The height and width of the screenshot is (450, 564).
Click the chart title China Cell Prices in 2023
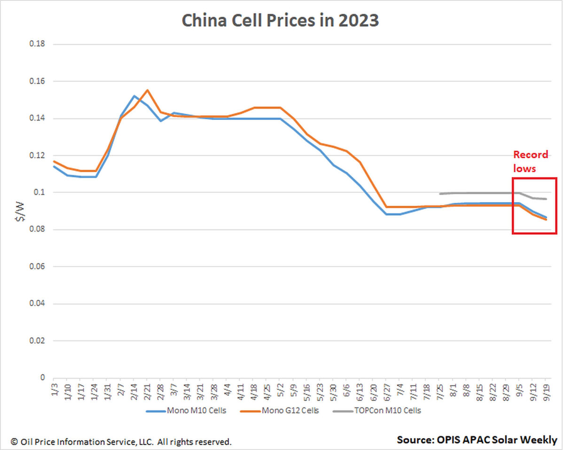point(280,21)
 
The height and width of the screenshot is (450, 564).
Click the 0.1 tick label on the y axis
point(39,192)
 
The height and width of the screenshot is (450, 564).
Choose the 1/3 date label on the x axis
point(54,389)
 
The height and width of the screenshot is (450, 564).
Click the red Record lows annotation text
point(530,161)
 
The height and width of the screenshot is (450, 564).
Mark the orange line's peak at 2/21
point(147,90)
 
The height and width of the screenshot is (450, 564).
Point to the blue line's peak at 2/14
point(134,96)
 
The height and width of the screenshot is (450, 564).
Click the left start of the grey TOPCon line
point(440,193)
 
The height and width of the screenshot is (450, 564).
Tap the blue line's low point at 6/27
point(386,214)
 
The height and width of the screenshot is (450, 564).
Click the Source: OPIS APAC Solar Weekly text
point(477,440)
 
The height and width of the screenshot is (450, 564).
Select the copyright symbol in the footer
point(14,442)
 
